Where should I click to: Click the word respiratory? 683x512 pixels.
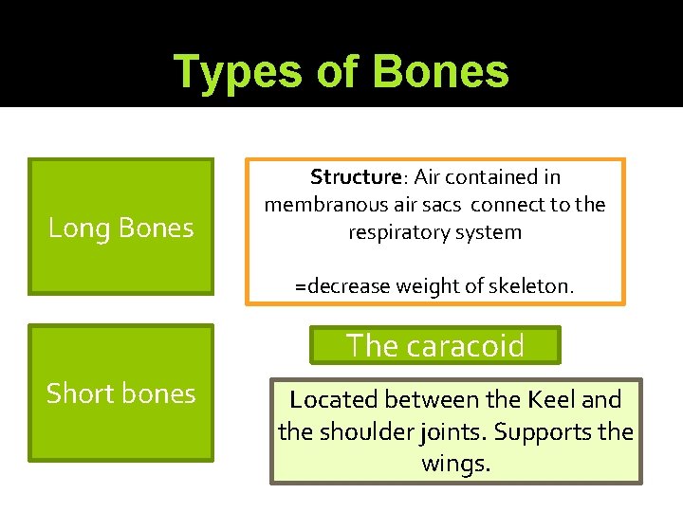(x=397, y=232)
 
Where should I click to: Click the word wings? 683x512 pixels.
(x=456, y=465)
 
